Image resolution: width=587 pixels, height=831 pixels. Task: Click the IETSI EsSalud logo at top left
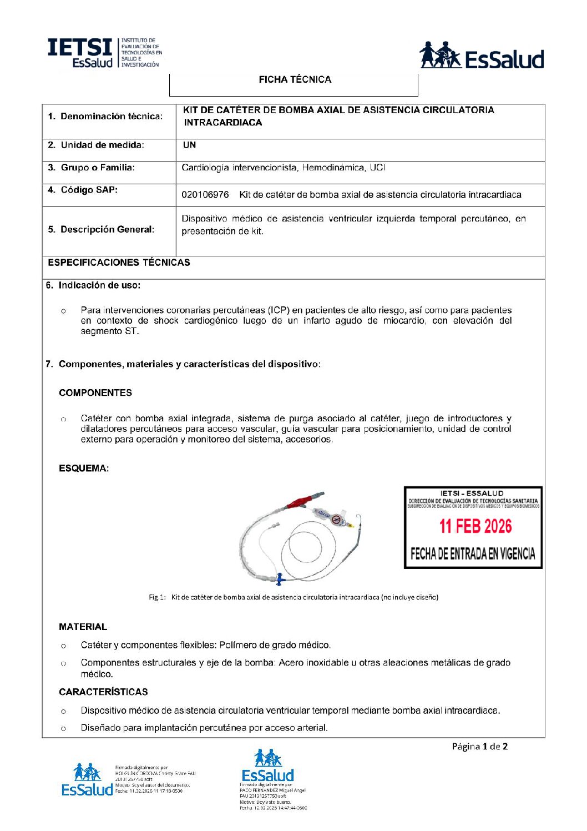[x=104, y=53]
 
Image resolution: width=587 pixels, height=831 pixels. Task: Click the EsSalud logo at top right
[x=481, y=56]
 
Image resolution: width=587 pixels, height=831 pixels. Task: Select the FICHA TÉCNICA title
[x=295, y=80]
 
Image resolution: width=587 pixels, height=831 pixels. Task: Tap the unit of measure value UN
[x=189, y=145]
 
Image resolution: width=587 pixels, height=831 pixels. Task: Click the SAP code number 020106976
[x=205, y=195]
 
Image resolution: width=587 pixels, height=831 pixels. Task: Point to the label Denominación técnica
[x=105, y=117]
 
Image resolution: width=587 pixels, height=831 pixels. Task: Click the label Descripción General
[x=101, y=230]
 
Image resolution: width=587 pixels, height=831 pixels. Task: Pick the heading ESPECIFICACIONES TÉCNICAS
[x=119, y=263]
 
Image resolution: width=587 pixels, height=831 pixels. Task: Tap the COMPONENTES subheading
[x=95, y=393]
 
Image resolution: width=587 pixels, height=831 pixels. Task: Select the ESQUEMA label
[x=84, y=469]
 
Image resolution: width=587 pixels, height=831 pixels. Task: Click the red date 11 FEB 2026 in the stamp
[x=475, y=526]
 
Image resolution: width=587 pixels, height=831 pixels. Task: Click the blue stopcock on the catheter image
[x=280, y=578]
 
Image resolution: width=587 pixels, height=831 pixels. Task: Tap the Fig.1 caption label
[x=157, y=597]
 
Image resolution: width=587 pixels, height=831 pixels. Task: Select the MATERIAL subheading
[x=83, y=627]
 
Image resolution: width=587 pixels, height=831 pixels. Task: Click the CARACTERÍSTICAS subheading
[x=103, y=692]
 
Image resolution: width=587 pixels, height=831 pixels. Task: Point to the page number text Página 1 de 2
[x=479, y=747]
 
